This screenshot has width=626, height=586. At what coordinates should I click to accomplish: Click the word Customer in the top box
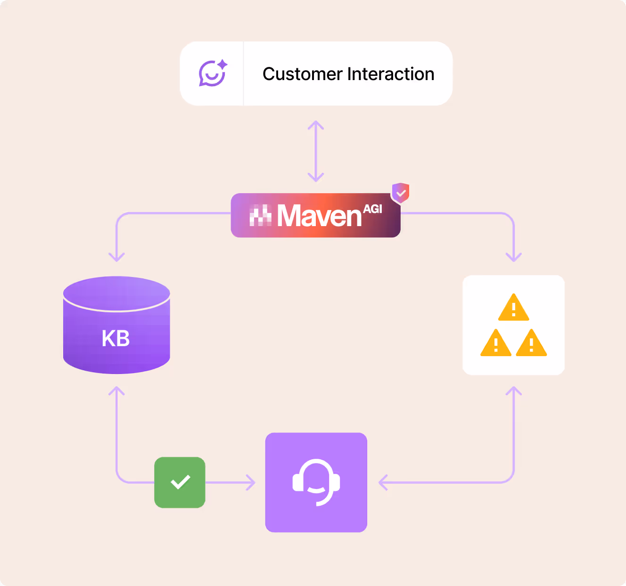click(302, 74)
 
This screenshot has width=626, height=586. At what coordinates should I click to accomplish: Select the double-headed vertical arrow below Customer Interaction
click(316, 151)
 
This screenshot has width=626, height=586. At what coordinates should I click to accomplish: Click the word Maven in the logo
click(319, 216)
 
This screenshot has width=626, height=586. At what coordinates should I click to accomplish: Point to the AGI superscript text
click(372, 209)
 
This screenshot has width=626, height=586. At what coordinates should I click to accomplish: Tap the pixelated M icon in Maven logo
click(260, 216)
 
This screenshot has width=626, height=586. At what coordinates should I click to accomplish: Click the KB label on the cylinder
click(115, 338)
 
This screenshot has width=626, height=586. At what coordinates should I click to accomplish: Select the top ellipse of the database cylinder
click(116, 293)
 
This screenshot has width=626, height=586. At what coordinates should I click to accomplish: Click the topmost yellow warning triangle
click(514, 308)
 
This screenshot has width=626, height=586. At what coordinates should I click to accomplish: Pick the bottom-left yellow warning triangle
click(496, 343)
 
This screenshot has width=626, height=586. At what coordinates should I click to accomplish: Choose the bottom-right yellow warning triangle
click(531, 343)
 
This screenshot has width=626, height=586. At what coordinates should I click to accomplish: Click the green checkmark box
click(180, 482)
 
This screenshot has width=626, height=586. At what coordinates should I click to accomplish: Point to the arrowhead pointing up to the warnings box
click(514, 391)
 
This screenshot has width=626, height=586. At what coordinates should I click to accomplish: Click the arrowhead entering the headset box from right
click(383, 482)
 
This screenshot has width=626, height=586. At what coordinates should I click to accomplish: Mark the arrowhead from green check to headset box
click(251, 482)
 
